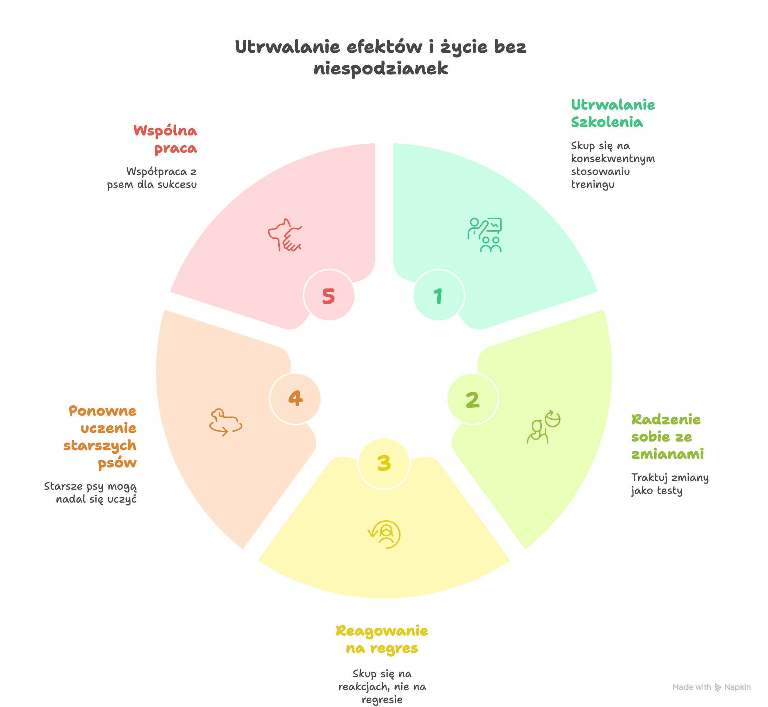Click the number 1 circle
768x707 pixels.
[x=439, y=295]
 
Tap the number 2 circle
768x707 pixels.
[x=472, y=399]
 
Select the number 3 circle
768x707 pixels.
[x=384, y=463]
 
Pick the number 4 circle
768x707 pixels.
[x=295, y=399]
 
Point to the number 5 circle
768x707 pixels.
[x=329, y=295]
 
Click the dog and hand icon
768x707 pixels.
[x=285, y=235]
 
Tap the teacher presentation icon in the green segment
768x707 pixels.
[x=484, y=235]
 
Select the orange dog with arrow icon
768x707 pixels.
[x=225, y=422]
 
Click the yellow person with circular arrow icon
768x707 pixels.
[x=384, y=535]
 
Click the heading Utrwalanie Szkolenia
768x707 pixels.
[x=613, y=113]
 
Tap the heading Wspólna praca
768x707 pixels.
[x=165, y=139]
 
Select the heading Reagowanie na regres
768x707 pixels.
[x=382, y=639]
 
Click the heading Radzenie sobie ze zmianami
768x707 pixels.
[x=667, y=436]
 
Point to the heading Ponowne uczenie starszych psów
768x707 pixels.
[x=100, y=437]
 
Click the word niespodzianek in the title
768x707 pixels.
[x=380, y=69]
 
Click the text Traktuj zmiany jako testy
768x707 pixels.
[x=669, y=484]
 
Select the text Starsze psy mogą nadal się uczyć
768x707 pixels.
[x=90, y=493]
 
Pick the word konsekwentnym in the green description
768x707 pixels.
[x=613, y=158]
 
